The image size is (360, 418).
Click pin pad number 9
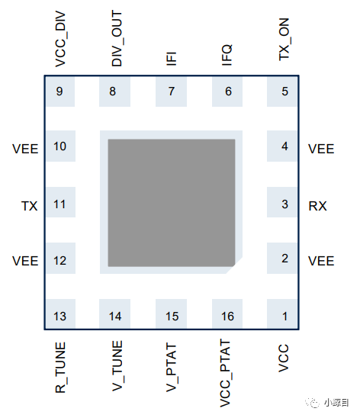tap(60, 92)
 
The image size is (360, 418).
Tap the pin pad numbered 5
tap(282, 92)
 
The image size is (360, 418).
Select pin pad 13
tap(60, 313)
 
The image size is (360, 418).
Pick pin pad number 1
tap(282, 313)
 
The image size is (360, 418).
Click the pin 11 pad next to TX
tap(60, 202)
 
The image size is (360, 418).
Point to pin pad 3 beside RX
tap(282, 202)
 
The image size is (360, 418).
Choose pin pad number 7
tap(171, 92)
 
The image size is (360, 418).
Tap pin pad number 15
tap(171, 313)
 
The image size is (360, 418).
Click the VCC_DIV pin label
tap(60, 39)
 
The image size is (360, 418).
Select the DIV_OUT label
tap(117, 38)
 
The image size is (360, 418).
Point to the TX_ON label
tap(284, 40)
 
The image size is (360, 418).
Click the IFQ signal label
tap(227, 55)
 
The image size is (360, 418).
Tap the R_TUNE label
tap(60, 368)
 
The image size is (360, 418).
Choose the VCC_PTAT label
tap(226, 373)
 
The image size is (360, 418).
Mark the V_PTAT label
tap(172, 368)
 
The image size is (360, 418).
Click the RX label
tap(317, 206)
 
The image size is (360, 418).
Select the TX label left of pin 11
tap(29, 206)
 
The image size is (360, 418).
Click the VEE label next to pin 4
tap(321, 149)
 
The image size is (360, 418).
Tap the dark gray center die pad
tap(172, 203)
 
